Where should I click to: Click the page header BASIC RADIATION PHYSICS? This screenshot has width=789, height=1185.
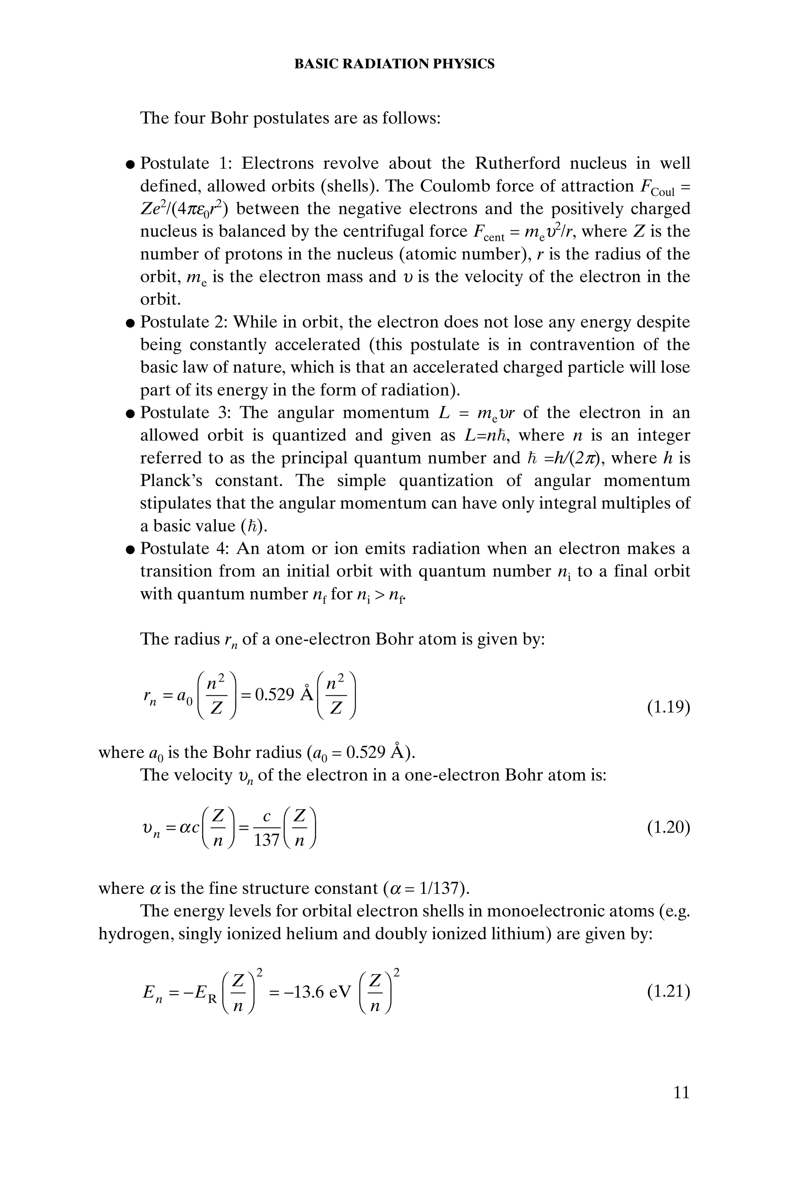394,64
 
